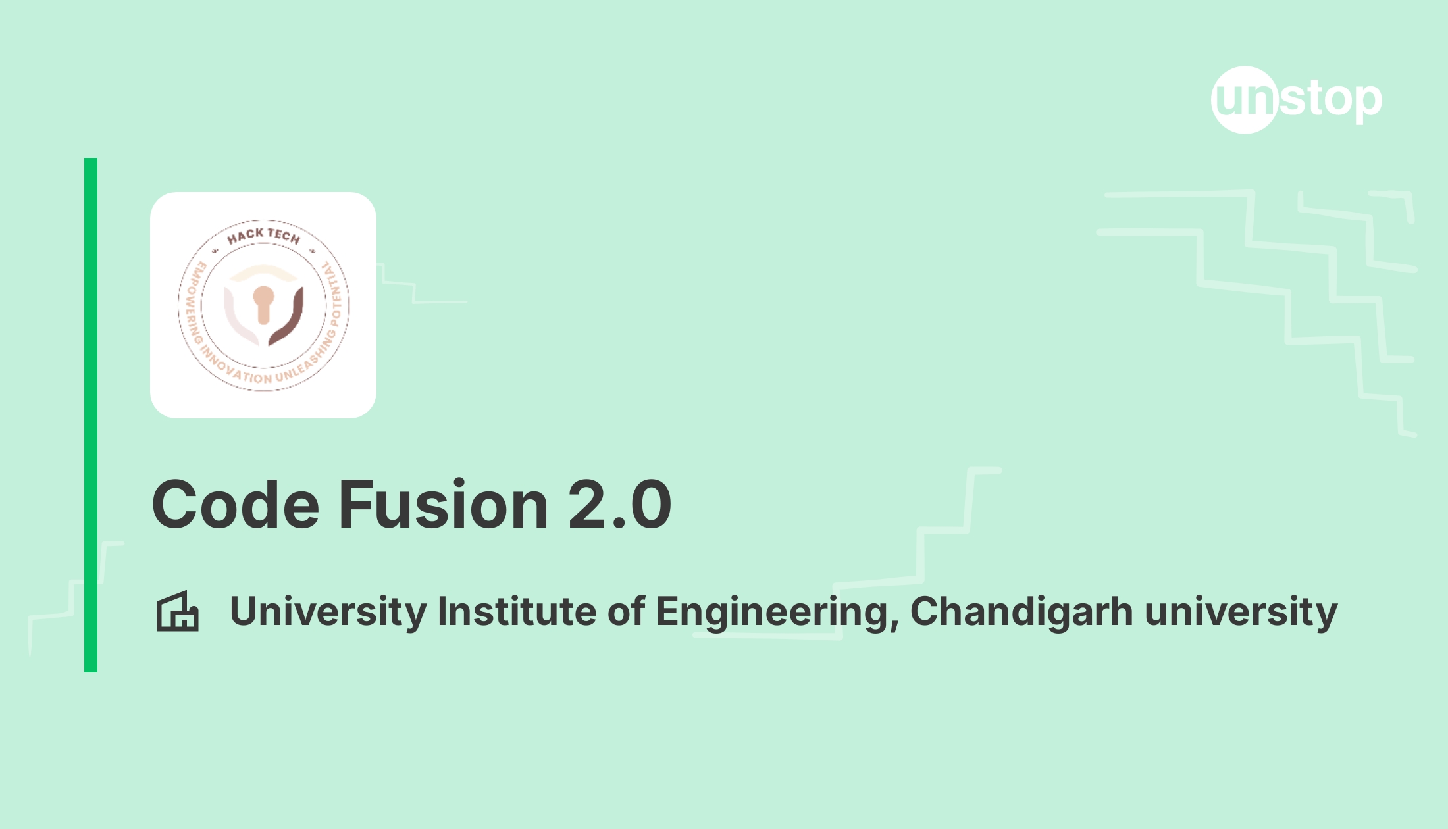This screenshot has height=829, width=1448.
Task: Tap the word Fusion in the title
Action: pos(443,505)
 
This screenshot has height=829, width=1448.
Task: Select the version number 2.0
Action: pos(619,505)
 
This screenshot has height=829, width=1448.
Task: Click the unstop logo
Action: pos(1296,100)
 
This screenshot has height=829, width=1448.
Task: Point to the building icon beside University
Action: pos(177,612)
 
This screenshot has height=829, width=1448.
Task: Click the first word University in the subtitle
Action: pos(328,612)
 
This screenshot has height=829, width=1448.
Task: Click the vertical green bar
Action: pos(91,414)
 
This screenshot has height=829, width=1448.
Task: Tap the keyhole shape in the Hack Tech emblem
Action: pos(263,304)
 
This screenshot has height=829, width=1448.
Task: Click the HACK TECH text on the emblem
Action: pos(263,235)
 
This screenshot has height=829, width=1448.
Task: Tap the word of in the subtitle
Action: pos(625,612)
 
